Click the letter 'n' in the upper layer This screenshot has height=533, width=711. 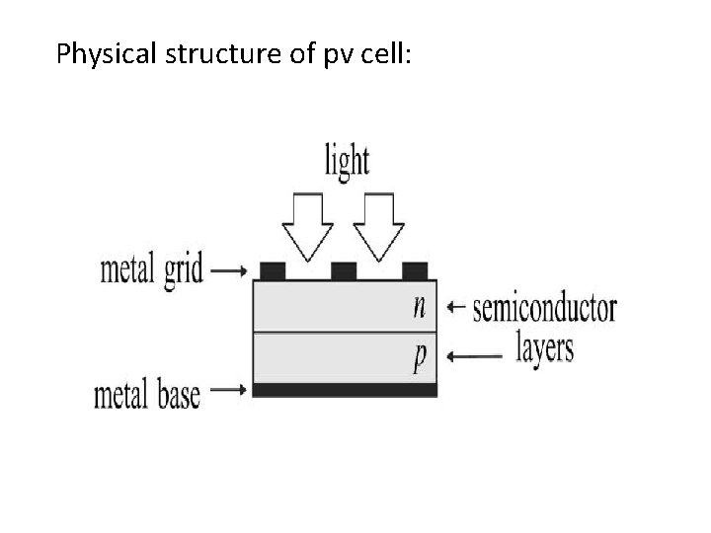coord(420,307)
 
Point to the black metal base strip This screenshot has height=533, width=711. coord(345,391)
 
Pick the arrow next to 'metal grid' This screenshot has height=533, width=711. coord(229,269)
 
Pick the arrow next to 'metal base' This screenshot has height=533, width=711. coord(229,391)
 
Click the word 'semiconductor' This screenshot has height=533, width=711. coord(544,308)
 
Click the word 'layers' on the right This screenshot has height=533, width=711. coord(544,348)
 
